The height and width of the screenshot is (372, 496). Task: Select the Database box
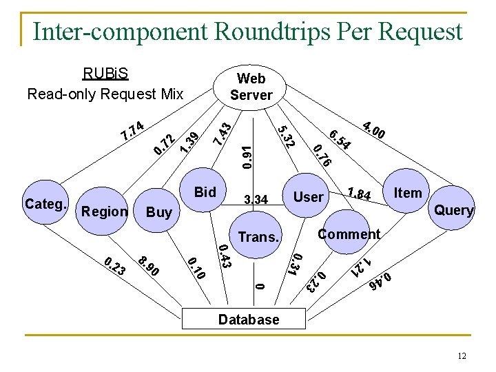coord(249,319)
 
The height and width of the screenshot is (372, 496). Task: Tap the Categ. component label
coord(45,204)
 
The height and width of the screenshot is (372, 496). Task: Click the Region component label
coord(104,211)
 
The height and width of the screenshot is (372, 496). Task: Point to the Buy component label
coord(159,212)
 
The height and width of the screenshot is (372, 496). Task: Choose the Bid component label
coord(205,192)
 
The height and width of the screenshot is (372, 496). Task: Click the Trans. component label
coord(258,237)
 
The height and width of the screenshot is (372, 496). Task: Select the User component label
coord(308,197)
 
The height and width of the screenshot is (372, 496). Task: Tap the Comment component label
coord(349,234)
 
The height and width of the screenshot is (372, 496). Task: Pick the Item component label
coord(407,193)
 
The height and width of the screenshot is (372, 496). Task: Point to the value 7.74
coord(132,129)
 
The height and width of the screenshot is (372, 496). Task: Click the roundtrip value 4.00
coord(373,129)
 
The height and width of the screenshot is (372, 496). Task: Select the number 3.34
coord(256,200)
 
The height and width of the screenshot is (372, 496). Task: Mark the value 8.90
coord(148,266)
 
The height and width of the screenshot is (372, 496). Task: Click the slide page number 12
coord(462,355)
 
